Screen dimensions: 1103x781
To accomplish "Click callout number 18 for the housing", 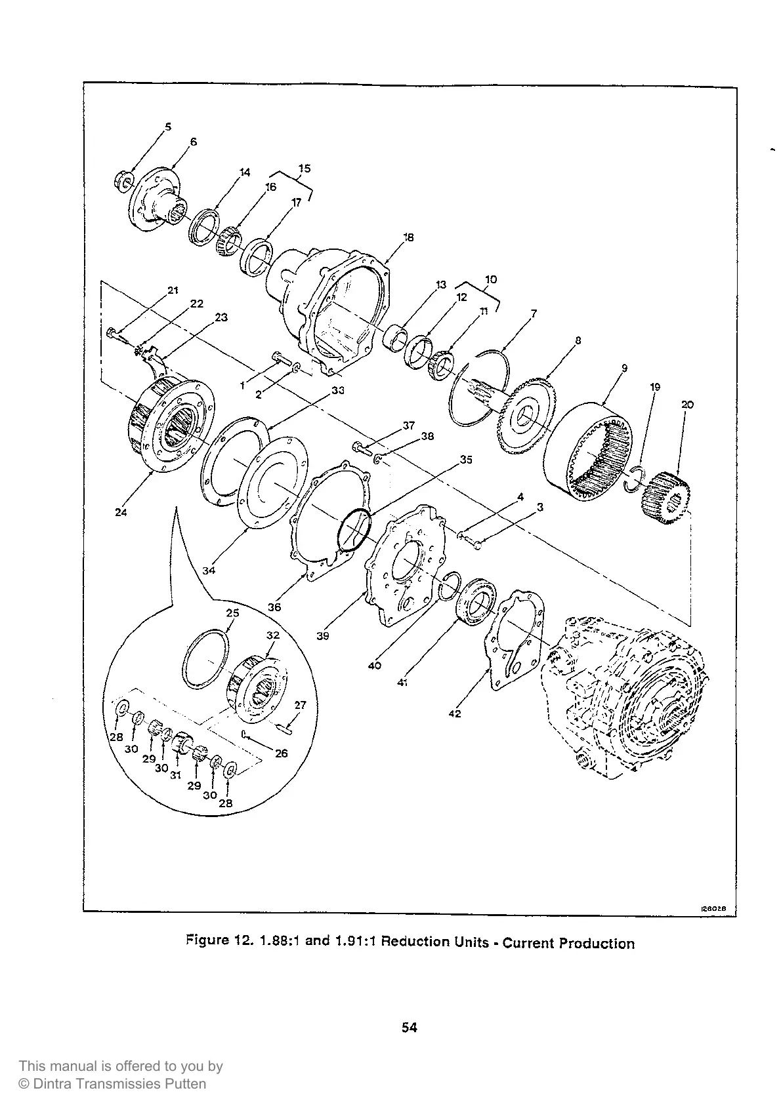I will coord(408,237).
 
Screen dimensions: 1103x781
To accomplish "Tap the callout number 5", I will coord(167,127).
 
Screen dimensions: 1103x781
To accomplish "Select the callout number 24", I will coord(121,512).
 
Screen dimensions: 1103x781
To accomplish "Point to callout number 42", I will coord(454,713).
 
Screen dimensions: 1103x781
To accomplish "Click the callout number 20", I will coord(687,405).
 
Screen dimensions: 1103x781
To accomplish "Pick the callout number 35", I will coord(466,460).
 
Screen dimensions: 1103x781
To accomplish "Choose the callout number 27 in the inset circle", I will coord(300,706).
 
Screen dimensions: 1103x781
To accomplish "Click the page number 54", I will coord(410,1028).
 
